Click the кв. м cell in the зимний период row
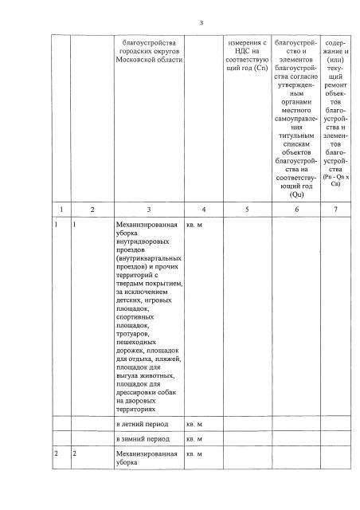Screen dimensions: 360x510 point(194,438)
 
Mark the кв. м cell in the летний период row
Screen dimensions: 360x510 point(194,422)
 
